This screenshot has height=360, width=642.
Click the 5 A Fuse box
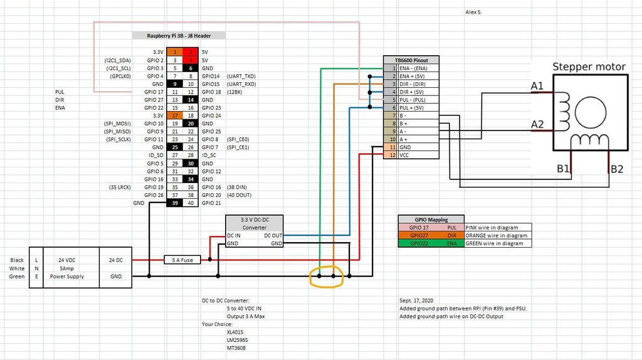(178, 259)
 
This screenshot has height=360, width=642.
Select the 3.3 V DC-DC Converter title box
(253, 223)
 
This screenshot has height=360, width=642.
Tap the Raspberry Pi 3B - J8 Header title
(179, 36)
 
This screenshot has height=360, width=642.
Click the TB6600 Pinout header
(411, 60)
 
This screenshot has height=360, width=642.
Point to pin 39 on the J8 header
(176, 203)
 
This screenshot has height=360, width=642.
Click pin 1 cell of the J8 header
(176, 52)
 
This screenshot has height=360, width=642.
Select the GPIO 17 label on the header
(154, 92)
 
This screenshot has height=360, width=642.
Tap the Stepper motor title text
(588, 66)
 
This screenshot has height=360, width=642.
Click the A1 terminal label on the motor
(537, 86)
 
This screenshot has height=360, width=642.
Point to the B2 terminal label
(617, 169)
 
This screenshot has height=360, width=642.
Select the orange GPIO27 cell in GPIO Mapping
(419, 235)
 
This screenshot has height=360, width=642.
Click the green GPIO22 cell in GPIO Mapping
(419, 243)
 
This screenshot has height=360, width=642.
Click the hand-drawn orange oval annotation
(327, 277)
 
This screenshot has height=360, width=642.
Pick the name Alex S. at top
(474, 12)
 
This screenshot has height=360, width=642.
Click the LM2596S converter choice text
(236, 339)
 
